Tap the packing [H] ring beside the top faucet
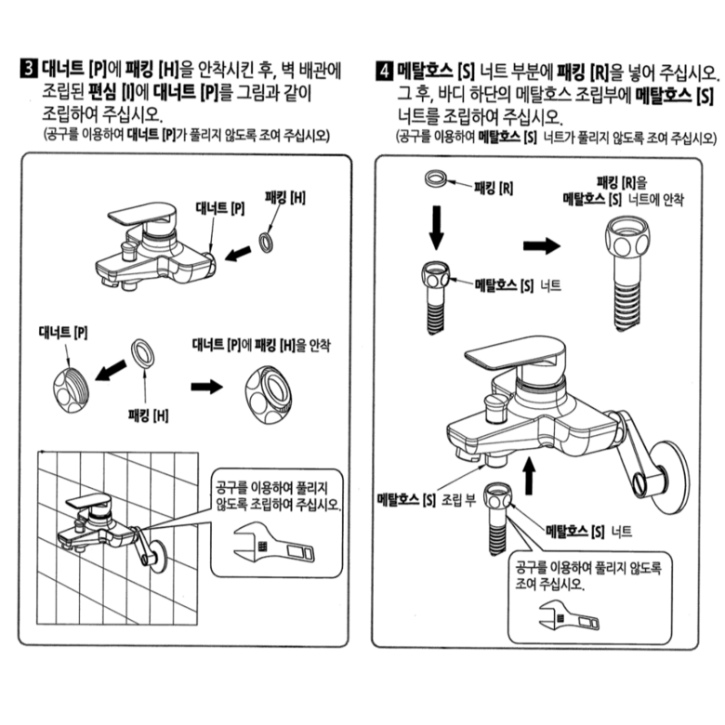(x=267, y=242)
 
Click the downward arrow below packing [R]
(x=435, y=226)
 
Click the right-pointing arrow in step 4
(x=541, y=244)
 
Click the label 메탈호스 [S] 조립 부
(x=426, y=500)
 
